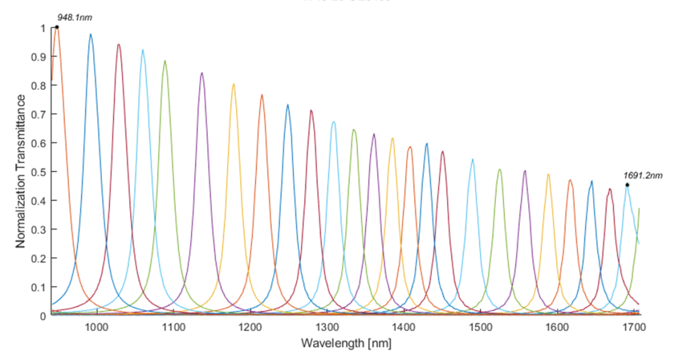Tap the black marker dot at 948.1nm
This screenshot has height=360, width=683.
point(57,27)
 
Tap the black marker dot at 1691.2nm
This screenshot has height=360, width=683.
point(627,185)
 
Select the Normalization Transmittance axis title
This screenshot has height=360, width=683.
point(22,171)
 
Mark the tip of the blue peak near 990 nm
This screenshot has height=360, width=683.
point(90,34)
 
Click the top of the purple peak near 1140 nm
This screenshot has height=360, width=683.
point(202,73)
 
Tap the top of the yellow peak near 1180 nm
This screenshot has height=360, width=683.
point(233,84)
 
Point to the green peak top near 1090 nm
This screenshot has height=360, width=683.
point(165,61)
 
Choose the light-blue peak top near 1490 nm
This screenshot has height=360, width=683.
point(472,159)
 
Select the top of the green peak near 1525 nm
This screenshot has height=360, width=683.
point(500,169)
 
